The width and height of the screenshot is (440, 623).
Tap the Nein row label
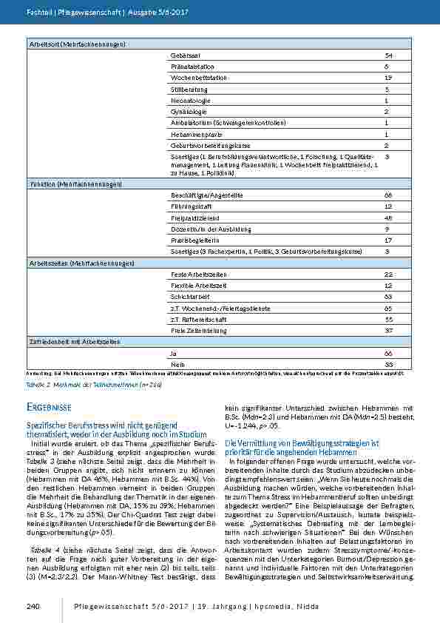pos(176,365)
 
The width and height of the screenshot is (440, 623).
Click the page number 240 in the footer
pos(32,607)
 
